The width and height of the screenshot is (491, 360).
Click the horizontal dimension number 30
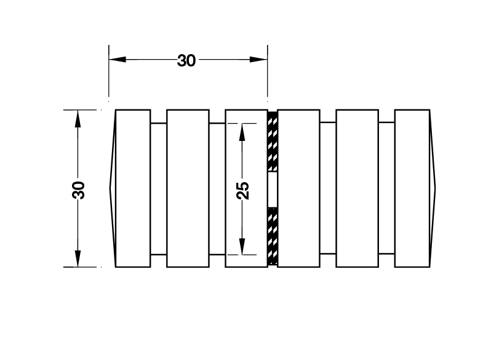click(x=186, y=60)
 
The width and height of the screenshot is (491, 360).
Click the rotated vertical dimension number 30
click(x=78, y=190)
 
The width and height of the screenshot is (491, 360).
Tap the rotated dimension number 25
click(x=242, y=191)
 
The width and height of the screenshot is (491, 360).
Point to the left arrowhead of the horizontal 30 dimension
click(x=118, y=59)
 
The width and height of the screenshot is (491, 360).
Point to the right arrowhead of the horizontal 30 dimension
click(x=258, y=59)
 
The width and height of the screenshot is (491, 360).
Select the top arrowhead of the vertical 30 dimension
click(x=78, y=119)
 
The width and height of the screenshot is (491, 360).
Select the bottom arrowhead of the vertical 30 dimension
click(x=78, y=258)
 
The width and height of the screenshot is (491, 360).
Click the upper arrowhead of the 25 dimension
click(x=242, y=132)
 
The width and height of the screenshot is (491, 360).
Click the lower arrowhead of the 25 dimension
click(x=242, y=246)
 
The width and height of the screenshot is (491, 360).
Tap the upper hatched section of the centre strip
click(x=273, y=141)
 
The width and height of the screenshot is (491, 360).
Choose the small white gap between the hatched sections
click(x=273, y=190)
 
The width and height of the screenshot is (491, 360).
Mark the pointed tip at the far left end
click(x=110, y=188)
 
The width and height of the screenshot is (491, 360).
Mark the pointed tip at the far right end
click(x=435, y=189)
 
